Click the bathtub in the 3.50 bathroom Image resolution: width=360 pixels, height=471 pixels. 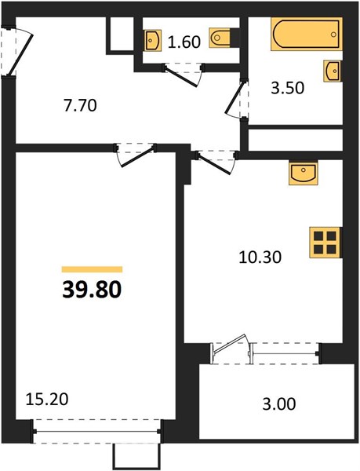click(307, 34)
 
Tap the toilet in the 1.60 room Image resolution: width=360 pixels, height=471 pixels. click(220, 38)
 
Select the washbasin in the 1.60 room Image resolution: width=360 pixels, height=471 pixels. click(153, 40)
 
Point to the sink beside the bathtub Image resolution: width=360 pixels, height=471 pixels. click(332, 71)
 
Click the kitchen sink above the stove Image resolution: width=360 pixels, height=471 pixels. click(303, 173)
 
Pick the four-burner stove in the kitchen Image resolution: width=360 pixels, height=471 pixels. click(325, 243)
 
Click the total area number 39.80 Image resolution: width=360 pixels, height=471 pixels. click(92, 290)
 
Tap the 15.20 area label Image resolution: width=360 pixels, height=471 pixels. click(47, 400)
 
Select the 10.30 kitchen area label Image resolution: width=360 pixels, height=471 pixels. click(260, 257)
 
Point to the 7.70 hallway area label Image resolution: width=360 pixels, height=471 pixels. click(80, 106)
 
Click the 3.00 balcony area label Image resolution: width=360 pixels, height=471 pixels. click(279, 404)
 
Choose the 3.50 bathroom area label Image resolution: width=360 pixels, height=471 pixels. click(287, 88)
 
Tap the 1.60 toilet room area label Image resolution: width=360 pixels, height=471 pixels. click(184, 42)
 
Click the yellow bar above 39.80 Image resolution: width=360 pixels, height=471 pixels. click(92, 269)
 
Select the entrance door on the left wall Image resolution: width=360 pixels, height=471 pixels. click(16, 52)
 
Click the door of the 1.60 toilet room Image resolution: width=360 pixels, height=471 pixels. click(184, 74)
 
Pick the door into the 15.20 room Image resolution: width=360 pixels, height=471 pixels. click(136, 154)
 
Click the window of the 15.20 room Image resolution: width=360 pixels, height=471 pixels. click(96, 432)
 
